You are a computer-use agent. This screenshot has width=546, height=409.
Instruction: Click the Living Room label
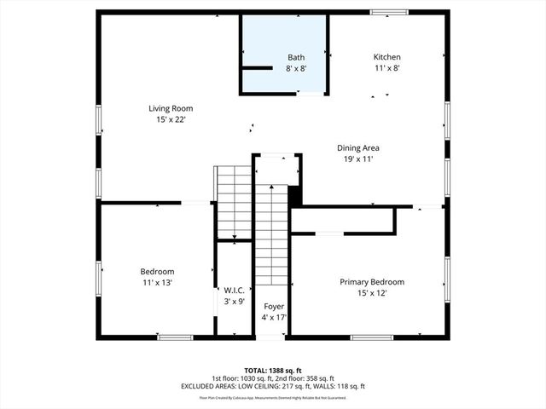coord(171,108)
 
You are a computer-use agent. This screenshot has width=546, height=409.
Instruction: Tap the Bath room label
coord(295,57)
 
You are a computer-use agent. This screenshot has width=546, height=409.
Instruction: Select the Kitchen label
coord(386,57)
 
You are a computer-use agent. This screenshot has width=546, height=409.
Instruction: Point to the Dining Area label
coord(358,147)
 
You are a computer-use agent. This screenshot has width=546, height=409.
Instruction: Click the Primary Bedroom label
coord(372,282)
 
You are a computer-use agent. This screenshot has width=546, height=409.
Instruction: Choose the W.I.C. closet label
coord(235,290)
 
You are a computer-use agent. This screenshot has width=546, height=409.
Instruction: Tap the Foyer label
coord(273,306)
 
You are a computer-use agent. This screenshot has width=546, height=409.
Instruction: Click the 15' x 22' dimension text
coord(171,120)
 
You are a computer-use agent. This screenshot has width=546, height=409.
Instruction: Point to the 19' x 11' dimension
coord(358,158)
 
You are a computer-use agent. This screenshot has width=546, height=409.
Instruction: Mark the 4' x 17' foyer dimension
coord(273,317)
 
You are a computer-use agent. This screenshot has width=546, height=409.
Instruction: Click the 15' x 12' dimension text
coord(372,293)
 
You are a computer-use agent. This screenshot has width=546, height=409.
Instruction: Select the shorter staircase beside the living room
coord(231,203)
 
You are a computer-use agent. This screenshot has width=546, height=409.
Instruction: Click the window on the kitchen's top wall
coord(388,12)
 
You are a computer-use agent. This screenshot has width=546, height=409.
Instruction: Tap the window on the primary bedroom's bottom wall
coord(371,337)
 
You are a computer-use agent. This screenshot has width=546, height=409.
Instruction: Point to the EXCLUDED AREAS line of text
coord(272,386)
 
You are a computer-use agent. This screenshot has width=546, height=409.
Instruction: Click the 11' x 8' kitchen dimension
coord(386,68)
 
